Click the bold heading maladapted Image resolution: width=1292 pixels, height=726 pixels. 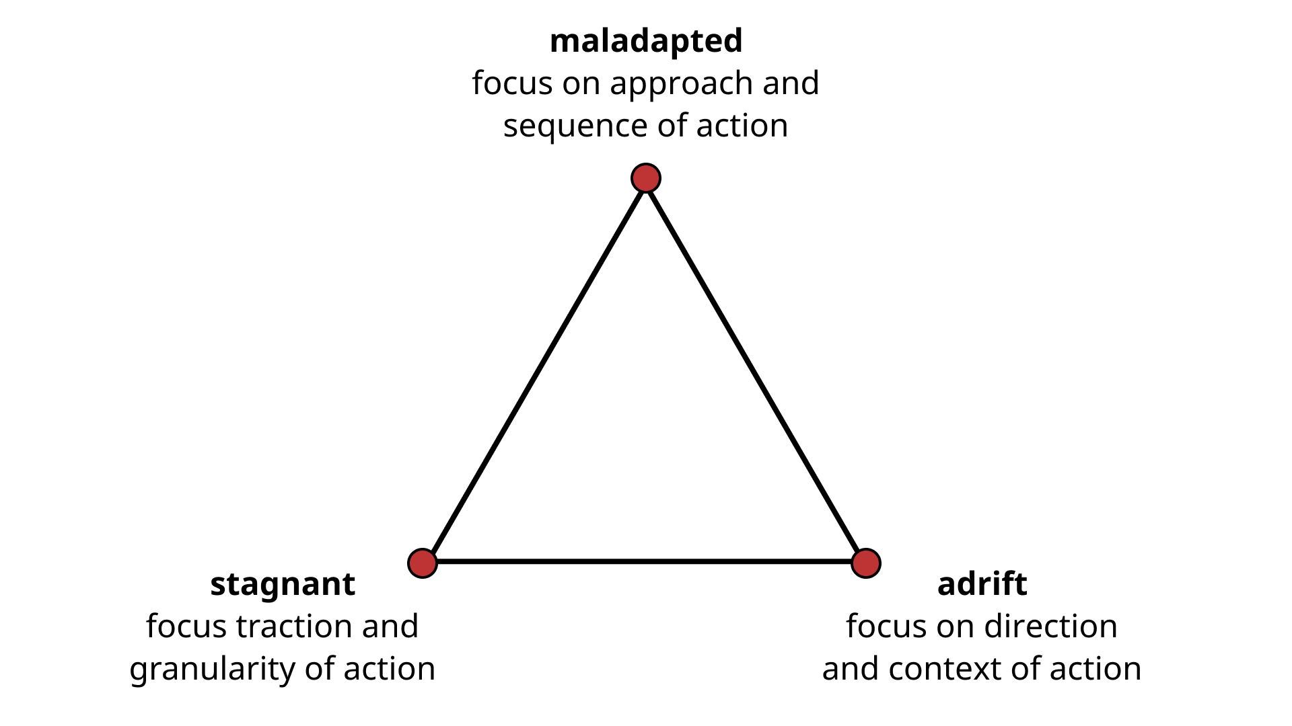(646, 41)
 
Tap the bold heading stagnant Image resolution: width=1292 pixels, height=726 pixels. (283, 584)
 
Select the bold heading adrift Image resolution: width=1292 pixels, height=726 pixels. (982, 584)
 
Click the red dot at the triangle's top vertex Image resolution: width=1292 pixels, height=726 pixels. (646, 178)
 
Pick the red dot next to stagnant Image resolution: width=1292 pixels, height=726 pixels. (423, 563)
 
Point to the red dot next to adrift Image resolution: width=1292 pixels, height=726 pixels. (865, 563)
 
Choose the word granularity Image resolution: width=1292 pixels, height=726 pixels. (213, 670)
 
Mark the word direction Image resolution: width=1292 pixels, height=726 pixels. (1052, 627)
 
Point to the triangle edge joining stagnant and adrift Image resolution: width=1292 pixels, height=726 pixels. (644, 561)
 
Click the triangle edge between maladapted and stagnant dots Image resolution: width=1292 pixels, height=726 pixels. (534, 370)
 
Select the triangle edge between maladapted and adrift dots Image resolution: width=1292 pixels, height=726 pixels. (756, 370)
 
